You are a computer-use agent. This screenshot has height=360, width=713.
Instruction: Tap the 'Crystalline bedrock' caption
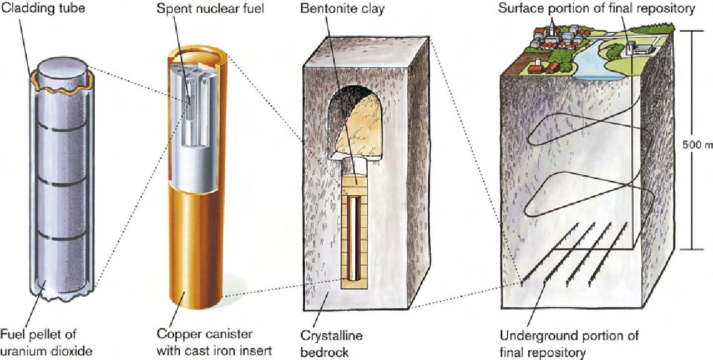point(340,343)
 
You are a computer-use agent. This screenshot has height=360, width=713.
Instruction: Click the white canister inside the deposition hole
point(355,237)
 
